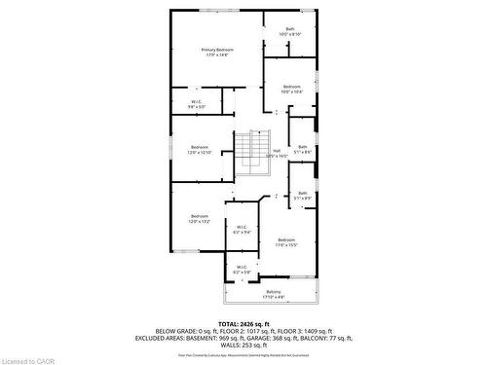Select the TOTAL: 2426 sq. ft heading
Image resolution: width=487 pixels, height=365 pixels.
coord(243,321)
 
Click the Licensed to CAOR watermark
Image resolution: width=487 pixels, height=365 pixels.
coord(29,358)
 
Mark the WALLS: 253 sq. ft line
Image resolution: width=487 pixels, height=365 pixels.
coord(243,345)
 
